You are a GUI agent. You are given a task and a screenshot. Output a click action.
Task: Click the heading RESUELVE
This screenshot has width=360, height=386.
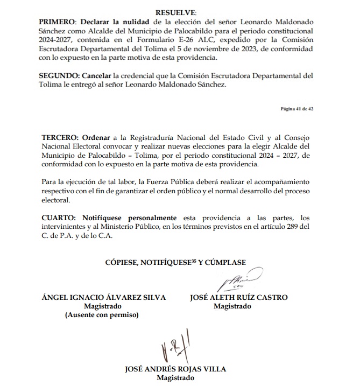176,12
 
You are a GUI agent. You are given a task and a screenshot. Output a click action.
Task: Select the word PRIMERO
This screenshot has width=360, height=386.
58,22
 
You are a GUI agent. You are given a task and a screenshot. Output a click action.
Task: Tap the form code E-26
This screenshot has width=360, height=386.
227,40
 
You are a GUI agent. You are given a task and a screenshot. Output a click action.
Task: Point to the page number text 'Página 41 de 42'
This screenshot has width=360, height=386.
297,109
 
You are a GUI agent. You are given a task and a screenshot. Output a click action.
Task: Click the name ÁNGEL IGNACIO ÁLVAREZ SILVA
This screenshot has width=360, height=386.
104,298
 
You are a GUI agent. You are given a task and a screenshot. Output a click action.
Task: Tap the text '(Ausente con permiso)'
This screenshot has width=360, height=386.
101,315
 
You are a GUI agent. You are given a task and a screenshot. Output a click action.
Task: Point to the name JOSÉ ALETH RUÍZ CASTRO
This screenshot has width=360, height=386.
238,298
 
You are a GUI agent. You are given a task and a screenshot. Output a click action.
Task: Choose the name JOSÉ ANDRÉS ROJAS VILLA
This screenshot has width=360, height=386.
175,369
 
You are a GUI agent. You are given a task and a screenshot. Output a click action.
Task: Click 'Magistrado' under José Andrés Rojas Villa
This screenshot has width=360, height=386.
175,378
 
